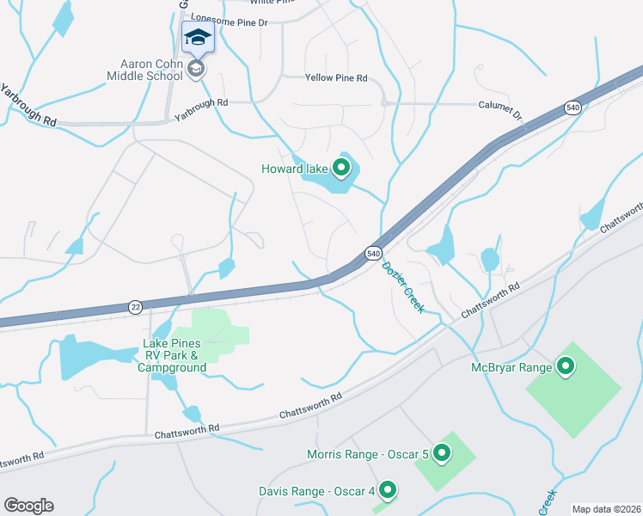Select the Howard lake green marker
pos(341,168)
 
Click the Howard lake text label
pos(295,169)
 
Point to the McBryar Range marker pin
pos(566,367)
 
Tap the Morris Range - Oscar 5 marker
pos(442,452)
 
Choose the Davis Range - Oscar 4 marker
pos(388,491)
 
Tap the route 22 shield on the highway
pos(135,306)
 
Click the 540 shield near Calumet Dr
pos(573,107)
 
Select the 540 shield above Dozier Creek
pos(373,254)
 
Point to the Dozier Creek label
pos(402,287)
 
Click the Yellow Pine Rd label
pos(336,78)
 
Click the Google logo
pos(28,506)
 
